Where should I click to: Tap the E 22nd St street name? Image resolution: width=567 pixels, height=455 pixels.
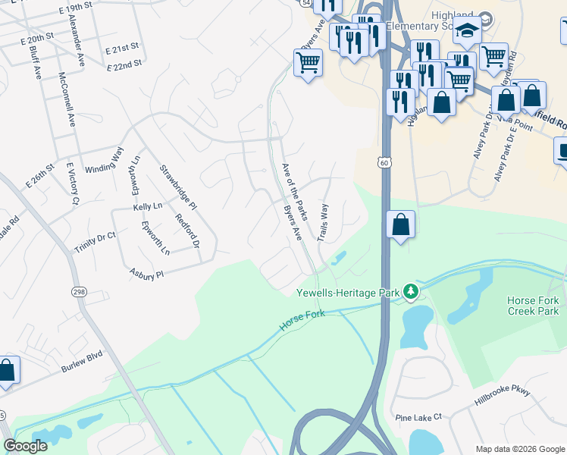[125, 65]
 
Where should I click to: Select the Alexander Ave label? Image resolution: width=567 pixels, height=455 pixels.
[79, 32]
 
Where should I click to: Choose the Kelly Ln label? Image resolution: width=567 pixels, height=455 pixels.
[148, 206]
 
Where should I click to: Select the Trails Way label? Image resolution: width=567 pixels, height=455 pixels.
[322, 222]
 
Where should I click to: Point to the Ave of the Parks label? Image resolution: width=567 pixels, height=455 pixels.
[295, 191]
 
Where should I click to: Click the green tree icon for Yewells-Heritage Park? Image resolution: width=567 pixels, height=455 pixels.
[410, 291]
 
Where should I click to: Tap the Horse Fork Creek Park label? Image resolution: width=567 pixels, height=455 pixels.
[533, 306]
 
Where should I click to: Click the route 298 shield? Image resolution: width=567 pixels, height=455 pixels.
[79, 292]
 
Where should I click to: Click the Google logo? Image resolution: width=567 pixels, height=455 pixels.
[26, 446]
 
